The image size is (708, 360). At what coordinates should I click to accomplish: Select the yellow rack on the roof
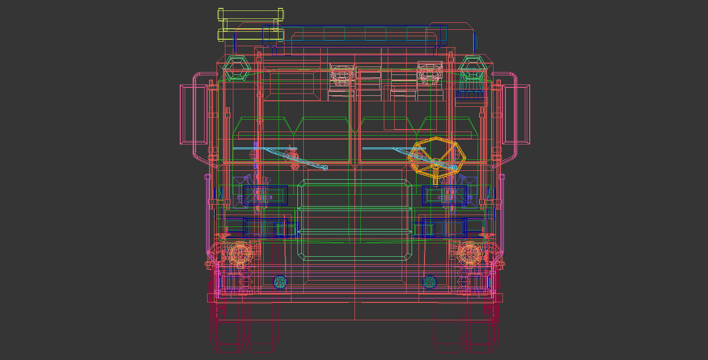click(x=251, y=25)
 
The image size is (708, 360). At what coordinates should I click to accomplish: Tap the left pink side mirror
click(x=194, y=114)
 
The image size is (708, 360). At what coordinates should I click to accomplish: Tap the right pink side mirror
click(x=516, y=114)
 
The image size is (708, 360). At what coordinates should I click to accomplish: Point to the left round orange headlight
click(x=240, y=254)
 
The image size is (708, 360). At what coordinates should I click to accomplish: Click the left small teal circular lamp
click(x=280, y=283)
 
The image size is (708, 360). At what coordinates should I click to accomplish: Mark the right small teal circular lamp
click(x=429, y=283)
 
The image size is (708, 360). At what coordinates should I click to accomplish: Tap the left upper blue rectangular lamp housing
click(x=265, y=196)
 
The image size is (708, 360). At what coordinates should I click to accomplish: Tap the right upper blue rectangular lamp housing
click(x=445, y=196)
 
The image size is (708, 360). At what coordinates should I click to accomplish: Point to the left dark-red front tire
click(x=243, y=323)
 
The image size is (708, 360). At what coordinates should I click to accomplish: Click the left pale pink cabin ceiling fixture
click(x=342, y=75)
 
